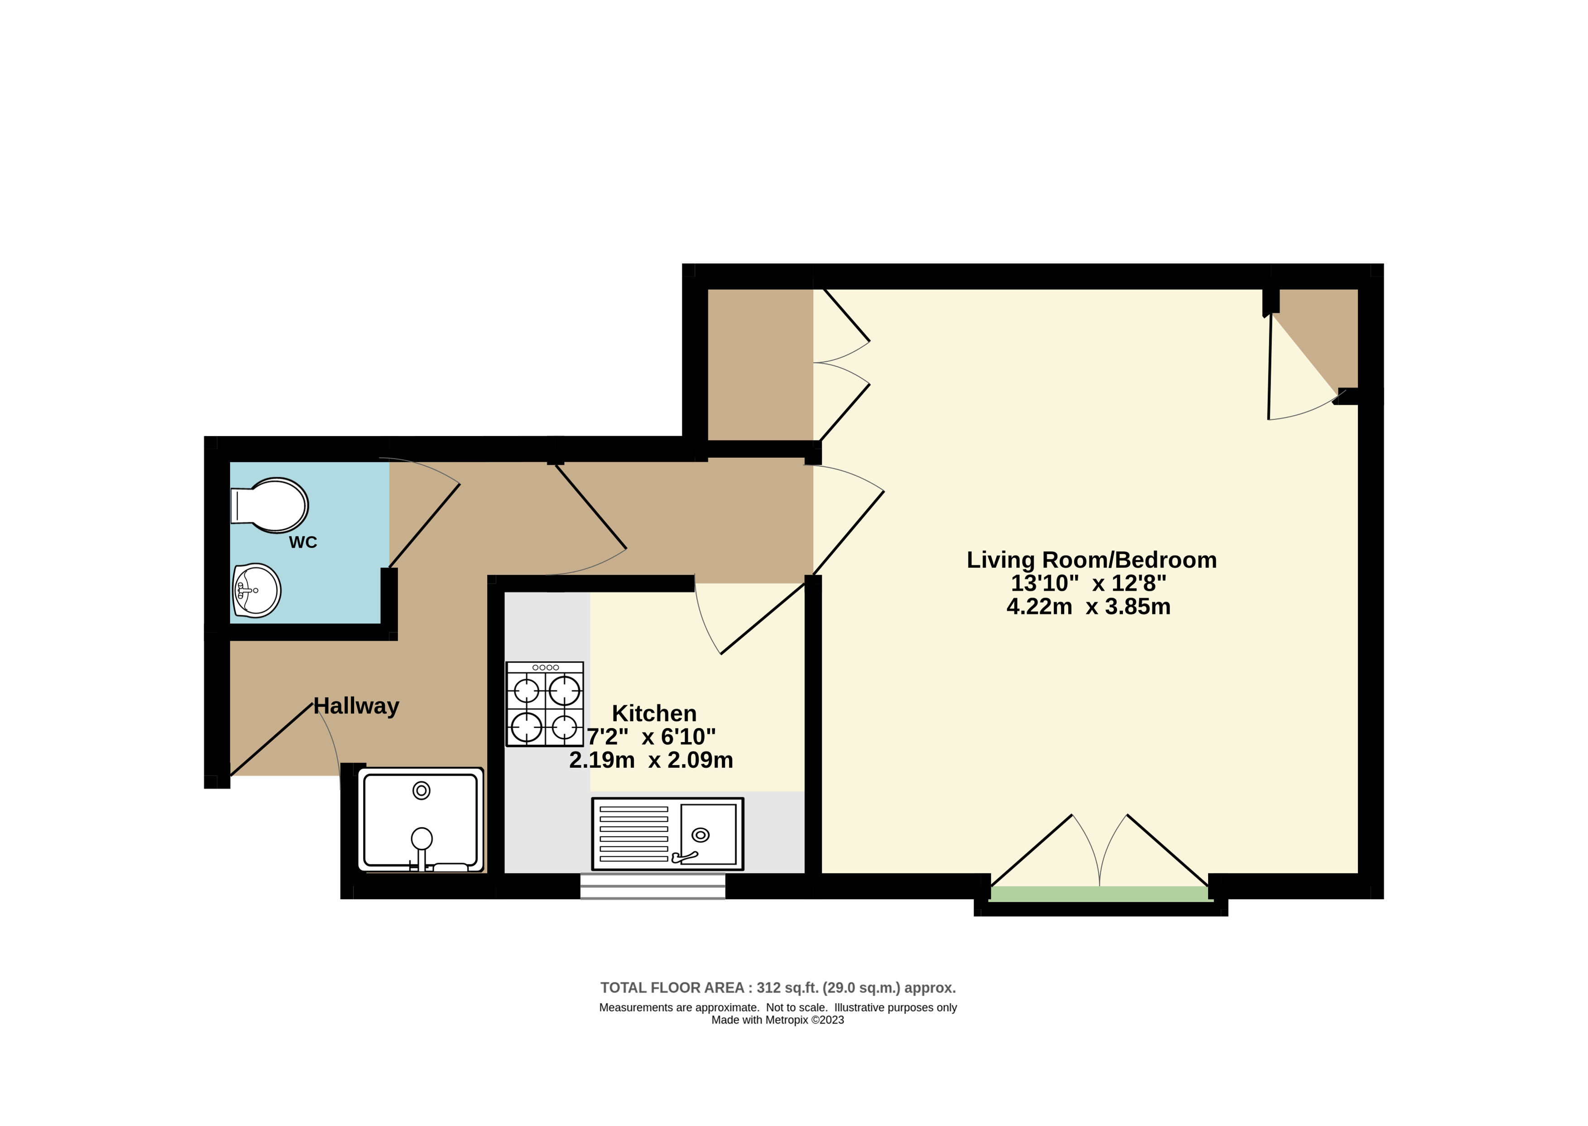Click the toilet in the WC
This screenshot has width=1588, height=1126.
(x=270, y=505)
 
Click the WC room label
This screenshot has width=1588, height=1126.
(x=303, y=542)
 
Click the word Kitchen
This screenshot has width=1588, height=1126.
(x=654, y=714)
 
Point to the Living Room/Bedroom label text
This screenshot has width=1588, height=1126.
(x=1091, y=560)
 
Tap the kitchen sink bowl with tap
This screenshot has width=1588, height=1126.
(x=708, y=834)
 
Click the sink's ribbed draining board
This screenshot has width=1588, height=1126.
(x=634, y=834)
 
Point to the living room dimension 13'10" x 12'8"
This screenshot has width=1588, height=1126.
(x=1088, y=583)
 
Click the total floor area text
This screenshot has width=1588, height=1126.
(x=777, y=987)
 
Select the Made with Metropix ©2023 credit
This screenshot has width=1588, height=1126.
(x=777, y=1020)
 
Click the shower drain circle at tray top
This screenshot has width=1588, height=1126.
(x=422, y=791)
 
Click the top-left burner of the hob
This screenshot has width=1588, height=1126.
(x=526, y=691)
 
